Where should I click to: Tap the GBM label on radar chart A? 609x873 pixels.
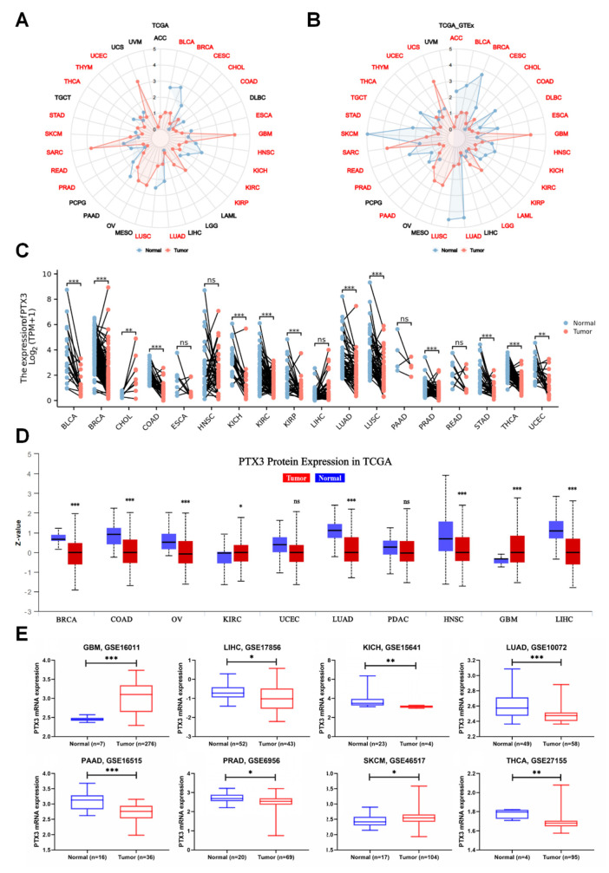[x=265, y=134]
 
